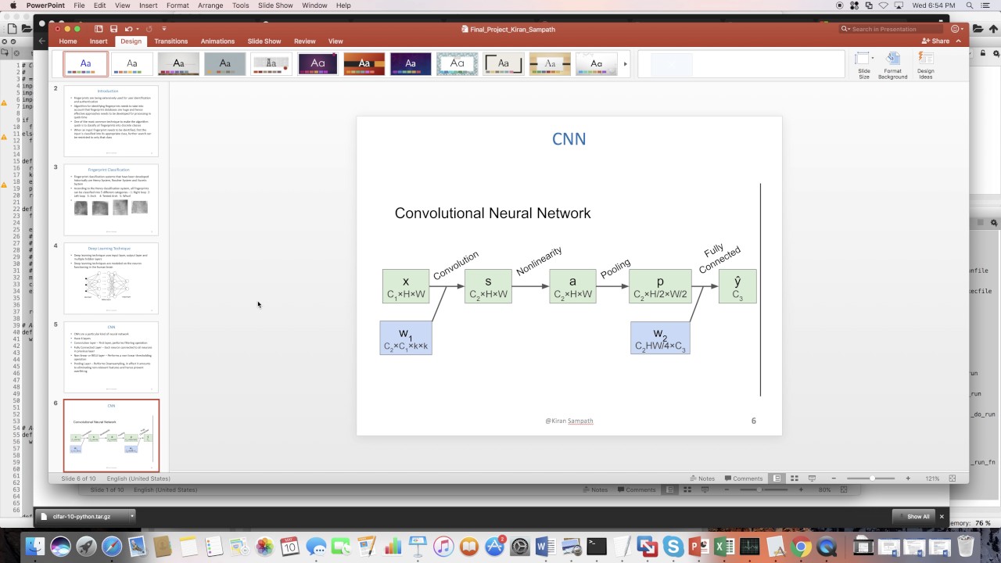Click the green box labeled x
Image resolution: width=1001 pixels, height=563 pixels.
[406, 286]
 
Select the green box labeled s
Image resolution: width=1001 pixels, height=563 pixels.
[488, 286]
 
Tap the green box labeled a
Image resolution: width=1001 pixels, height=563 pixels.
[572, 286]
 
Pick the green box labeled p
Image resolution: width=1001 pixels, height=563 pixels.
[660, 286]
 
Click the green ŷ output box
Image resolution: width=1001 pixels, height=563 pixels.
[737, 286]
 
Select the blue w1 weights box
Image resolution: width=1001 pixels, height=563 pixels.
[405, 338]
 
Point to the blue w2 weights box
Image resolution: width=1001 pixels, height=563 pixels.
[660, 338]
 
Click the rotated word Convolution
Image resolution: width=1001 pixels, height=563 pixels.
[455, 265]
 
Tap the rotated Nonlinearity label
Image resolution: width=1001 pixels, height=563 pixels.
[539, 261]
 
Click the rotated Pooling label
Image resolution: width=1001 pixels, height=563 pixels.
[615, 269]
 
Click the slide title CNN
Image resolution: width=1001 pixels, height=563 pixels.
[569, 139]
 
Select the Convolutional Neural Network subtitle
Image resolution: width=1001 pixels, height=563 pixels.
[493, 213]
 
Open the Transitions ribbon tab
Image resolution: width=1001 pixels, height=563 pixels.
[170, 41]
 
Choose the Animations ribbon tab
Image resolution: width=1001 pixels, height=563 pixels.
[217, 41]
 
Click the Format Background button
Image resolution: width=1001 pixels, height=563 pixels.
[892, 66]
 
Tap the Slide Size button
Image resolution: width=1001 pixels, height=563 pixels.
[863, 66]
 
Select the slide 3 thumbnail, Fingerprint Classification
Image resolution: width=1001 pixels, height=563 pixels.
[111, 199]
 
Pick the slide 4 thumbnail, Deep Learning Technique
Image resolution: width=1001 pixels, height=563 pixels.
[111, 278]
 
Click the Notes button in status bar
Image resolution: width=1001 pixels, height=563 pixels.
[701, 479]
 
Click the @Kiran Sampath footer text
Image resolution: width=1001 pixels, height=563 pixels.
[569, 421]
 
